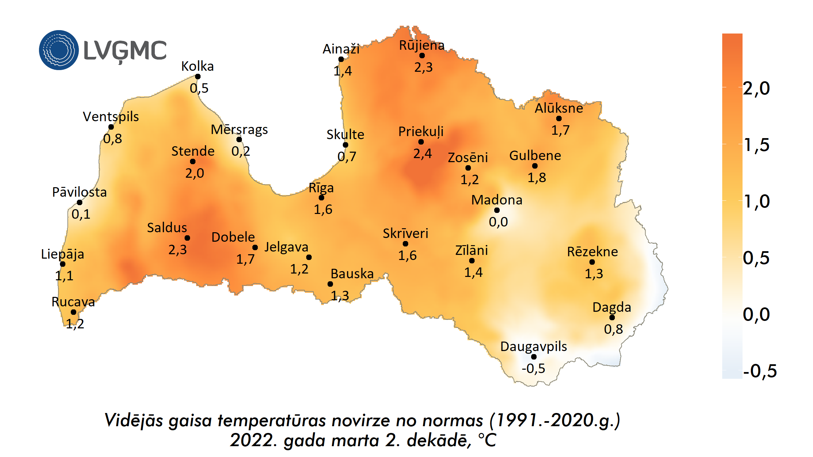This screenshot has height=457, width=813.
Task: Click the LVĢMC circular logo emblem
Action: point(59,50)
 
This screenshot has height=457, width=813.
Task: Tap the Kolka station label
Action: point(197,66)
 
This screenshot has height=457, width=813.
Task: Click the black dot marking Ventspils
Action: point(111,127)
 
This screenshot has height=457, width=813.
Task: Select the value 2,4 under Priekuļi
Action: point(422,154)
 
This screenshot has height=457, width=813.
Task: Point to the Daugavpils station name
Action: point(534,347)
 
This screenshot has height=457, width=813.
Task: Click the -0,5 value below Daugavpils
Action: point(533,368)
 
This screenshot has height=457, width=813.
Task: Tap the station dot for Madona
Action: point(497,210)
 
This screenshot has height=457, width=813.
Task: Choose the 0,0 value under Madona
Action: point(498,222)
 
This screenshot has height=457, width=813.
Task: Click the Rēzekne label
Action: point(592,252)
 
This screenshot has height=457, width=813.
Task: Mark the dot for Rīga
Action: point(321,198)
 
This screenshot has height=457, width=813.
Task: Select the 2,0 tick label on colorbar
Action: point(756,88)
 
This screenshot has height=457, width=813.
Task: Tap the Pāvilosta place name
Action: point(79,192)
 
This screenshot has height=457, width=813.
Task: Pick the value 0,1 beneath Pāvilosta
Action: point(81,214)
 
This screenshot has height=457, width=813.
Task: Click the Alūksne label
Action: point(559,108)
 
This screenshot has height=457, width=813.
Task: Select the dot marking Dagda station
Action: point(612,318)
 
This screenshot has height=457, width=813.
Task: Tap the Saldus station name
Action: point(167,228)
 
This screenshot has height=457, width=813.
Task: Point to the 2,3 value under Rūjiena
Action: point(423,67)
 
